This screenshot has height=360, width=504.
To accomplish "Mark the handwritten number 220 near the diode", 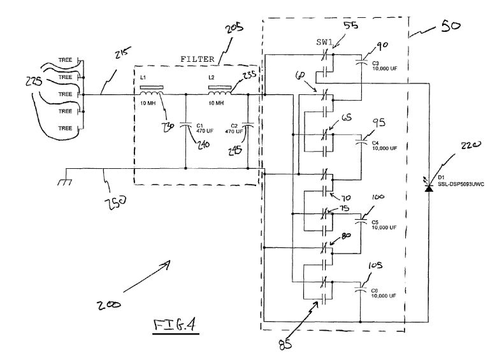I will [x=470, y=148].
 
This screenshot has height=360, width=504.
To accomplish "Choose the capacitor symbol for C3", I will [x=361, y=62].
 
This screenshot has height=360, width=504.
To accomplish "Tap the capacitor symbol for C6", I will [x=361, y=290].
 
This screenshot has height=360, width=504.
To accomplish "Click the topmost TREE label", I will [x=65, y=61].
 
